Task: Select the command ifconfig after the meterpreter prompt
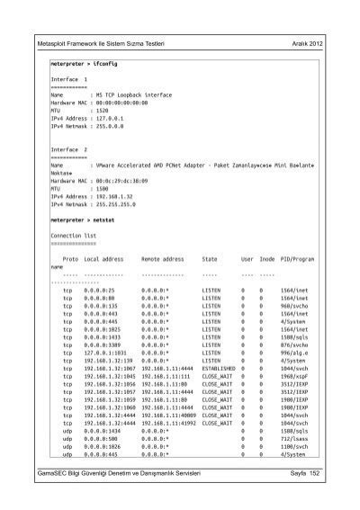point(106,65)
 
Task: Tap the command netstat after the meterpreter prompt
point(105,219)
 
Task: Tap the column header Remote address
point(163,258)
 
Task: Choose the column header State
point(211,258)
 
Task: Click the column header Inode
point(267,258)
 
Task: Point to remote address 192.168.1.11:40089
point(169,416)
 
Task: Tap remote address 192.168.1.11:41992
point(169,423)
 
